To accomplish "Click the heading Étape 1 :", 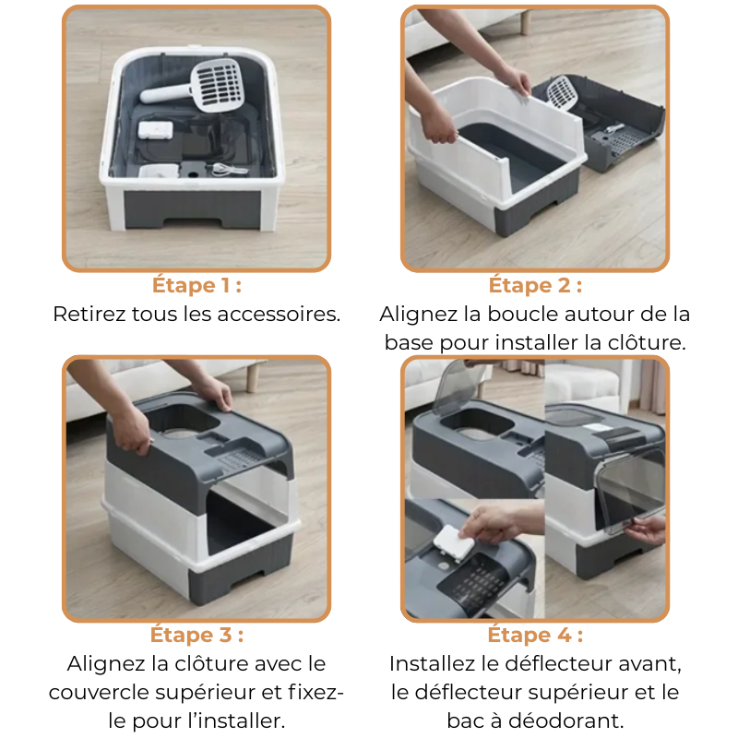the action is point(196,285).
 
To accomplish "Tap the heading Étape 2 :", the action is point(535,285).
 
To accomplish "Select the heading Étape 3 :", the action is point(196,635).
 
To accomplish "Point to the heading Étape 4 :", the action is point(535,635).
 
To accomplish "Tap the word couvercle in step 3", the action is point(99,693).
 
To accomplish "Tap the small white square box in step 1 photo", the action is point(155,130).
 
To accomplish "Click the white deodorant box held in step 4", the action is point(454,543).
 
